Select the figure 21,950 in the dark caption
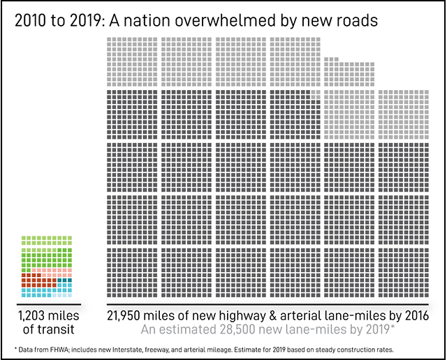tap(129, 316)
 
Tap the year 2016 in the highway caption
tap(413, 316)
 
